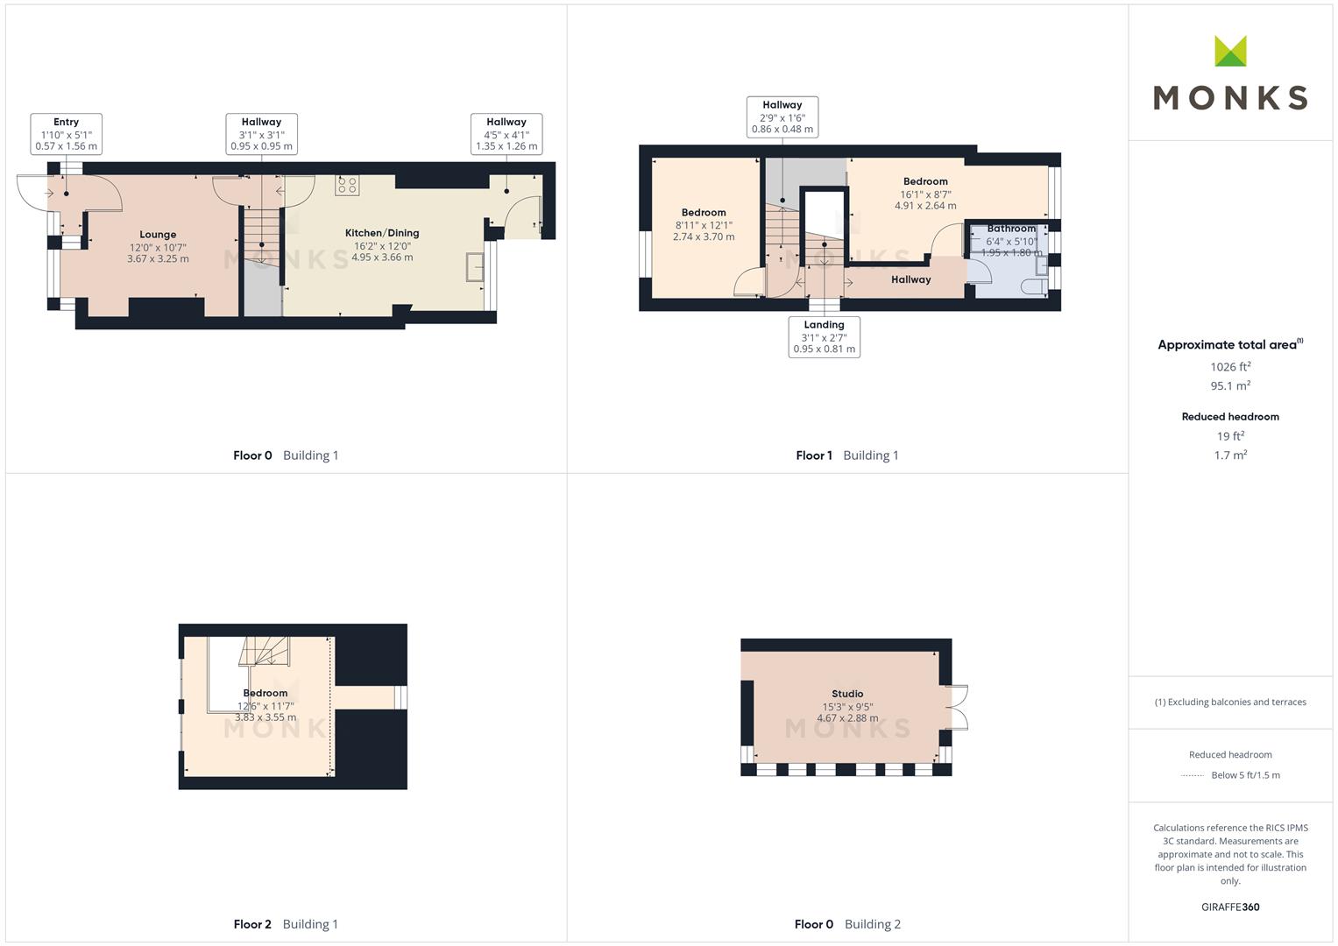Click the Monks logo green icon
1230,51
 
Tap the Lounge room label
158,235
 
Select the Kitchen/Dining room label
382,233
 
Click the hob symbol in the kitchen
347,185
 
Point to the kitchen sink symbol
475,266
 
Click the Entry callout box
67,134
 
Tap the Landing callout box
825,337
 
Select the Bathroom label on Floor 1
1011,228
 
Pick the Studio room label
847,694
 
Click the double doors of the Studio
957,708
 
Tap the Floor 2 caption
252,924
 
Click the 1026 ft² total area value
1230,366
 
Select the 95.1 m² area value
1230,385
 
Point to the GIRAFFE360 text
1230,907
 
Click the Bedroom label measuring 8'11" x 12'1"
704,213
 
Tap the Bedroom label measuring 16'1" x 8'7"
925,181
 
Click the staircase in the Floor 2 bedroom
264,651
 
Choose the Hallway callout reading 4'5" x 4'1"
506,134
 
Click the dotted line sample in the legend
1193,775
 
